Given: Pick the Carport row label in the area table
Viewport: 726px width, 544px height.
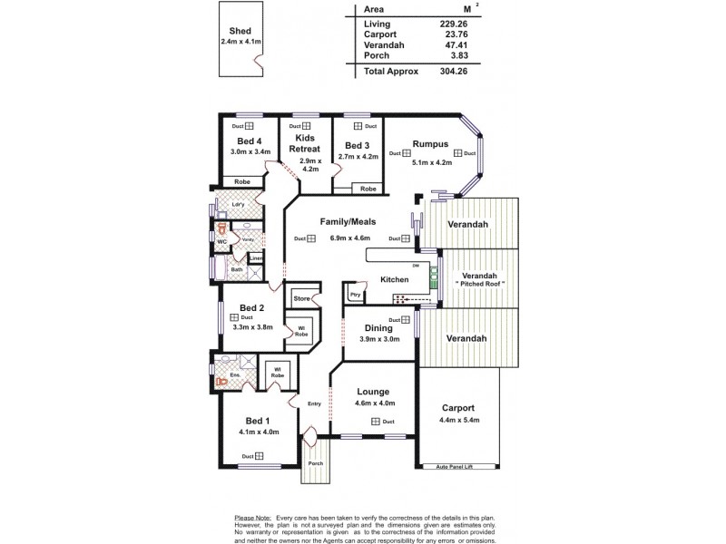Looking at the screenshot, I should [x=380, y=34].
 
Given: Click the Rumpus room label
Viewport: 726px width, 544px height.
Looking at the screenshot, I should [x=429, y=142].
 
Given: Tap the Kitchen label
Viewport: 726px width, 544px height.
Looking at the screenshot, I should [x=395, y=278].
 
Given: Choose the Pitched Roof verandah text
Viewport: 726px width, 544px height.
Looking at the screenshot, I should [x=478, y=284].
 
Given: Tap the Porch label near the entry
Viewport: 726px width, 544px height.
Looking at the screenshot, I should [x=315, y=463].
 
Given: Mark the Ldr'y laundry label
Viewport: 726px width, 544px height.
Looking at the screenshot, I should [x=238, y=204].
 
